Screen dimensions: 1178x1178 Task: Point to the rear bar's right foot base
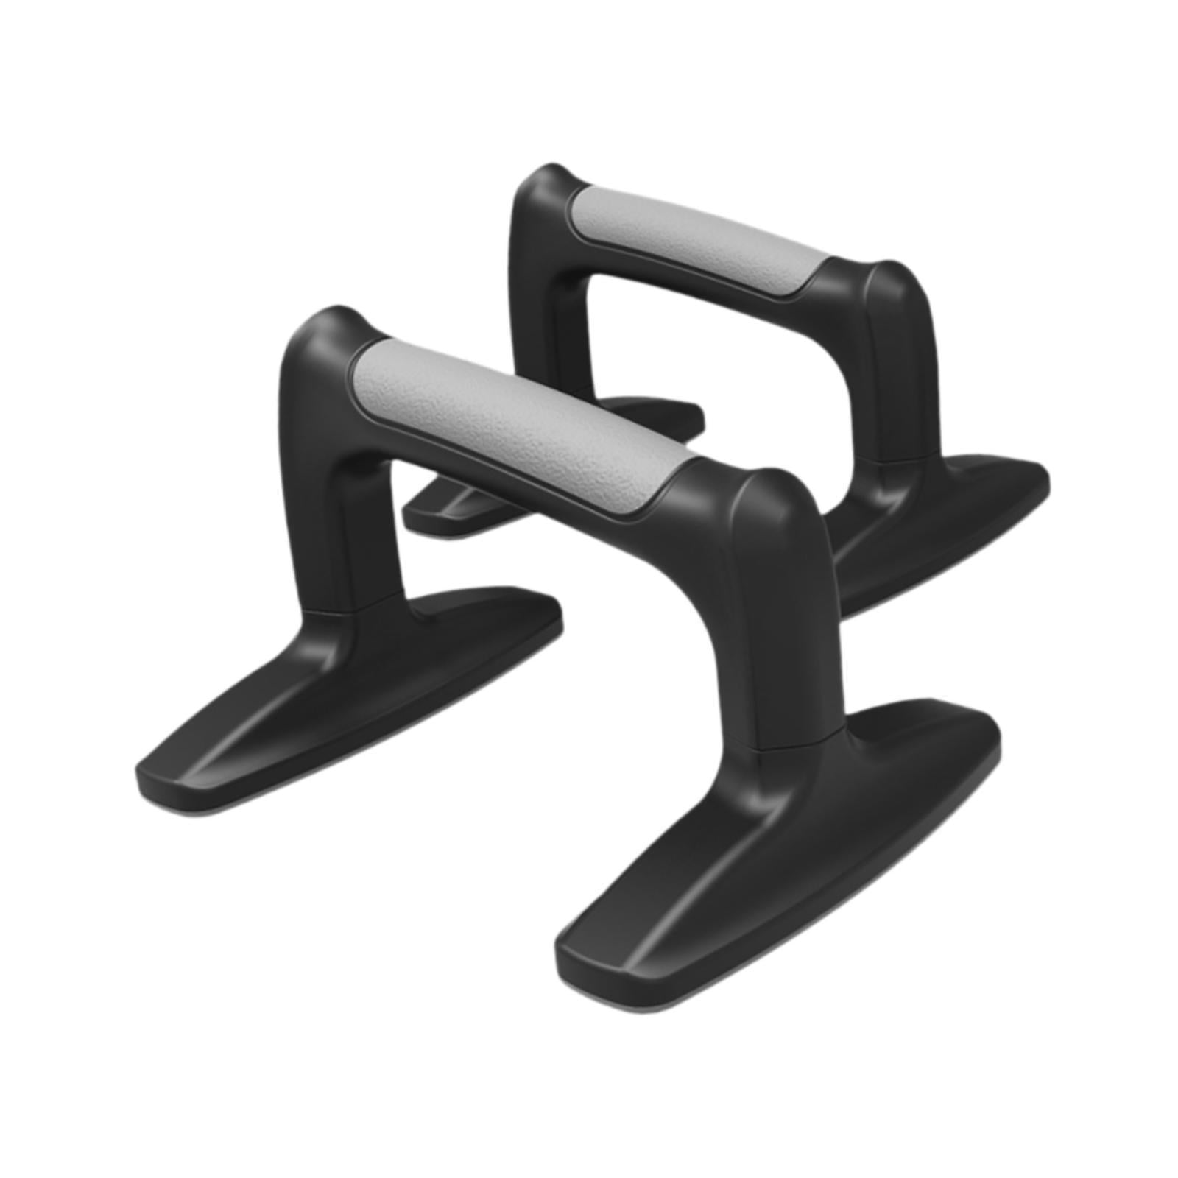[950, 515]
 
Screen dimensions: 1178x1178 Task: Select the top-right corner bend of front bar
[773, 501]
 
